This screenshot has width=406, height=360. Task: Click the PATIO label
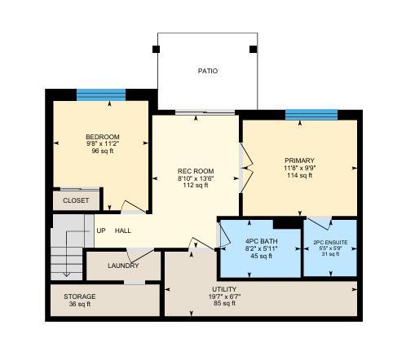[208, 71]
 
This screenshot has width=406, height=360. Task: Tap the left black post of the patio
[156, 49]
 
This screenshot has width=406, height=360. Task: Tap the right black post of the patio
[254, 49]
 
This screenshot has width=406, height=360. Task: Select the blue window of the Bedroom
[101, 95]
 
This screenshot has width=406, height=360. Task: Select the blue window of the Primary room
[311, 115]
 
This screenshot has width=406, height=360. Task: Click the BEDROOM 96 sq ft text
[103, 151]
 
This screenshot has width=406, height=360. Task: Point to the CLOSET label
[76, 200]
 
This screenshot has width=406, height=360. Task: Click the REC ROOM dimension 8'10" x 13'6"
[196, 178]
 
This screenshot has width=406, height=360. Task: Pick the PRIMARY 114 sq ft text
[300, 175]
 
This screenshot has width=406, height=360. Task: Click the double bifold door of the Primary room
[246, 169]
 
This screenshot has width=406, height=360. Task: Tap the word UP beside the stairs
[101, 230]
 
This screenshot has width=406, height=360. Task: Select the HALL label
[123, 230]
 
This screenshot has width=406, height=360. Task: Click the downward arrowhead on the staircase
[67, 274]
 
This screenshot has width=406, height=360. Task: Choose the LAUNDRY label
[123, 266]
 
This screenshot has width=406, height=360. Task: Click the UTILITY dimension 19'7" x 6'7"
[224, 296]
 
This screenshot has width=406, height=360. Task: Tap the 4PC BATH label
[262, 241]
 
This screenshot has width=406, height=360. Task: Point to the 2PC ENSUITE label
[330, 243]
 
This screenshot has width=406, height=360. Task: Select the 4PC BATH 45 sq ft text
[261, 256]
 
